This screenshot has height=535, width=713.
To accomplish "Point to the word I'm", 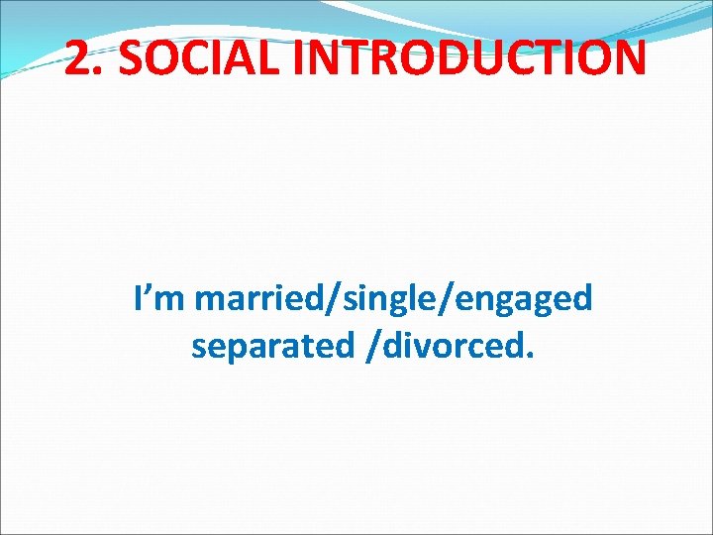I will (159, 297).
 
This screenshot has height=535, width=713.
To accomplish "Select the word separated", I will (269, 347).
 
